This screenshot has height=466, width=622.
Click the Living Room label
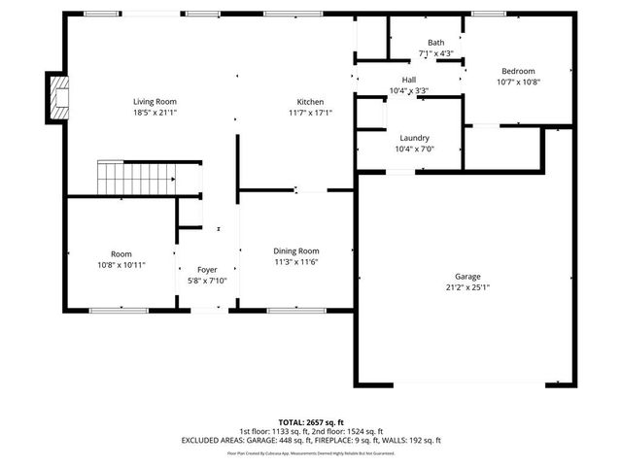pos(155,101)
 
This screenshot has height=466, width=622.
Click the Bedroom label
pos(517,71)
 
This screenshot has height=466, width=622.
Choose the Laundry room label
pos(413,139)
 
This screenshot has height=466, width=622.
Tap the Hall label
pos(409,80)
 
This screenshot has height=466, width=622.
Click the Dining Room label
pos(296,250)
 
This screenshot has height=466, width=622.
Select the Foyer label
pos(207,270)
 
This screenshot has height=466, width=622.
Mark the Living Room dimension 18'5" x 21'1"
pos(155,113)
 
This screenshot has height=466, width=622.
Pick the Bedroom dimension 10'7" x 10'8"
pos(517,83)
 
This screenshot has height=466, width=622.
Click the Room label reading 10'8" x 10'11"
pos(121,264)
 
